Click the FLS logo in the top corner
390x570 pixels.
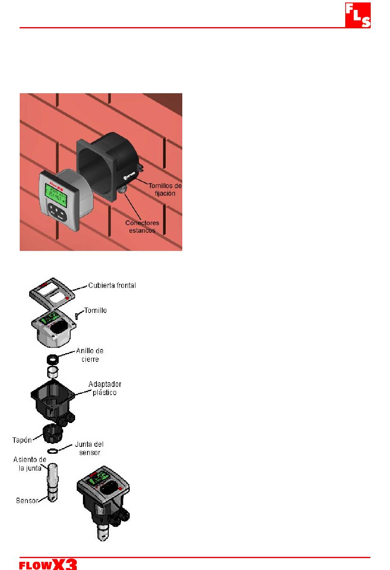(358, 15)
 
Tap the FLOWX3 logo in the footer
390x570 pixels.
(48, 564)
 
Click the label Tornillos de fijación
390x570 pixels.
(165, 189)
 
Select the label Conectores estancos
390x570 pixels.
(142, 227)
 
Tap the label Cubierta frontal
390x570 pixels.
(112, 285)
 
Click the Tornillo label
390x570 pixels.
(95, 310)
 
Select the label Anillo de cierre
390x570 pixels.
(89, 355)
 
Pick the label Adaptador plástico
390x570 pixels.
(105, 388)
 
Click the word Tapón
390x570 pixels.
(22, 440)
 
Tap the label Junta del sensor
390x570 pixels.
(89, 448)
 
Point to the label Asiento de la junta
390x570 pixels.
(30, 464)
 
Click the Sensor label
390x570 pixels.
(27, 501)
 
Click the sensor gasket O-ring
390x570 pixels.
(52, 452)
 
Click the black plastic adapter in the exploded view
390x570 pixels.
(53, 398)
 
